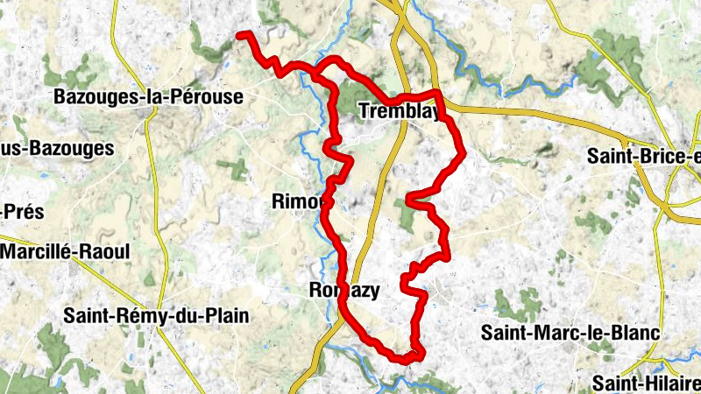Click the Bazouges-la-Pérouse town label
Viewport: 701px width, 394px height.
(147, 96)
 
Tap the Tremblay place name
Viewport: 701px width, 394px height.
(395, 110)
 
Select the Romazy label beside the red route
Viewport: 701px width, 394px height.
(345, 291)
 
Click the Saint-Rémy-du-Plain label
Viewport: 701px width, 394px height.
(156, 315)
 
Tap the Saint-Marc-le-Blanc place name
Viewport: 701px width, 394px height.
(570, 333)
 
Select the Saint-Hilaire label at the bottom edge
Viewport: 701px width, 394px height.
(647, 383)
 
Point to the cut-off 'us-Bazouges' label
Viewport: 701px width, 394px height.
(57, 148)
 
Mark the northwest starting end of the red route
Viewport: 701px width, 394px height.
(240, 35)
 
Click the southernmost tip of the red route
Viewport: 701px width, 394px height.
(408, 359)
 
